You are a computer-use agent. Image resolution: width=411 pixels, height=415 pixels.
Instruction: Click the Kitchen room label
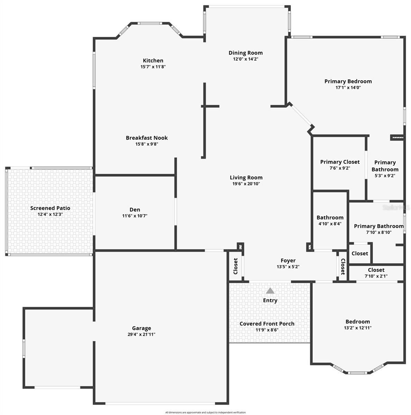point(153,61)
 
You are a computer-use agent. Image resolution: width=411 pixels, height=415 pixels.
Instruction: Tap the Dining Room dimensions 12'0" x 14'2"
point(246,59)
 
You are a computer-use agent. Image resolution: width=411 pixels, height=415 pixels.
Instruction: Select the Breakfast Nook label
point(147,138)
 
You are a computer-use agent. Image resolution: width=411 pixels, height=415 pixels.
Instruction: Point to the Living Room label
point(246,178)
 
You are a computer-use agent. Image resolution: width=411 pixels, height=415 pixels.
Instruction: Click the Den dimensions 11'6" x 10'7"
point(135,216)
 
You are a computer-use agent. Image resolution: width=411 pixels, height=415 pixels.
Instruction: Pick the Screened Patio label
point(50,208)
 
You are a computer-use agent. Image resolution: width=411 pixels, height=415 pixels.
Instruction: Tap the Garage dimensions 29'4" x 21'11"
point(141,334)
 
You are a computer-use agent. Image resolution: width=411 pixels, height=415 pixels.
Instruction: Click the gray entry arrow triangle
point(270,291)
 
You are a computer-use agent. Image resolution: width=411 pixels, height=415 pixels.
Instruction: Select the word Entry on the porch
point(270,301)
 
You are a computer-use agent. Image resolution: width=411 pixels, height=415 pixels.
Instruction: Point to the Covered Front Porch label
point(267,324)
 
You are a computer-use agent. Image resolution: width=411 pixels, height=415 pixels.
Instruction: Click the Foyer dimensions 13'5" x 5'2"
point(288,267)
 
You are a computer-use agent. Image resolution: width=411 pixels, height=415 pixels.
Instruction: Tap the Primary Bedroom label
point(348,81)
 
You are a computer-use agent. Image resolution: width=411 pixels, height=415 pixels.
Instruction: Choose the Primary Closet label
point(340,162)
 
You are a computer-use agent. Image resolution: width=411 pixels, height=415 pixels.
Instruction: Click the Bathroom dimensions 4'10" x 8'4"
point(330,224)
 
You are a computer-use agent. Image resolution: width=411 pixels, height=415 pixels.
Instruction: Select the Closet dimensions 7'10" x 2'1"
point(376,276)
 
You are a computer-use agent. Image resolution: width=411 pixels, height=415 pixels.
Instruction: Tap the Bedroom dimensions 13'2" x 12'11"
point(358,328)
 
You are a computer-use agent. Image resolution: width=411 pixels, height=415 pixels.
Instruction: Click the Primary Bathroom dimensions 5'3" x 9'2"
point(385,176)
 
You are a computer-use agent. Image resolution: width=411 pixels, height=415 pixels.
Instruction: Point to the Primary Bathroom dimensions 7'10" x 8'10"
point(379,232)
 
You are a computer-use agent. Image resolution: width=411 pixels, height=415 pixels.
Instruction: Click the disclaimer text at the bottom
point(205,413)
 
